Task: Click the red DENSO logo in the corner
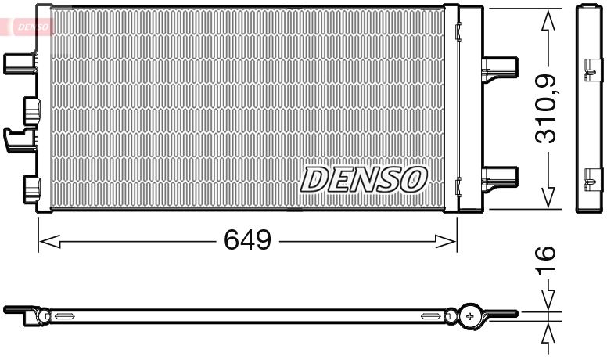pos(30,27)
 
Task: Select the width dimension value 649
pos(248,239)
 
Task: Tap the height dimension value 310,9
pos(546,109)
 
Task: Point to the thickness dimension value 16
pos(546,257)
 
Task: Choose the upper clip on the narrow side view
pos(588,68)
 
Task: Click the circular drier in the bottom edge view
pos(470,315)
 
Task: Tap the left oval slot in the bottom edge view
pos(64,316)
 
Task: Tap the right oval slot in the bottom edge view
pos(430,316)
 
